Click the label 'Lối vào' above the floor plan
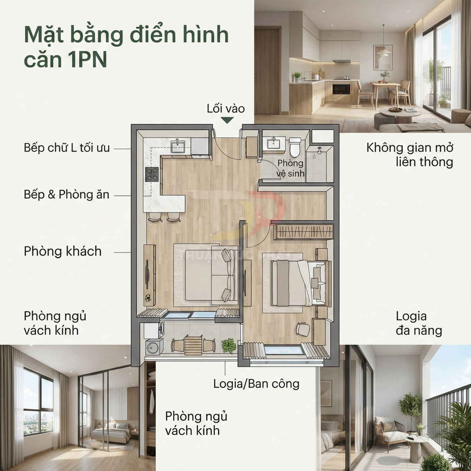click(x=226, y=109)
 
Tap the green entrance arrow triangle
click(x=227, y=120)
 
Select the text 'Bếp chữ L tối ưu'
click(x=67, y=148)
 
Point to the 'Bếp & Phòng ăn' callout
click(x=66, y=194)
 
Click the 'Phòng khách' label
click(x=62, y=251)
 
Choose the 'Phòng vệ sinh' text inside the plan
click(x=290, y=168)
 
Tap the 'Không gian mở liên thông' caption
click(x=410, y=154)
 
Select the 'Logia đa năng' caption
click(x=418, y=323)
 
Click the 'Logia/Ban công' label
click(x=256, y=384)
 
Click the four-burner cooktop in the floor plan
click(x=152, y=174)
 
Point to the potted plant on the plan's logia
click(x=229, y=345)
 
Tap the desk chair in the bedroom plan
click(x=303, y=329)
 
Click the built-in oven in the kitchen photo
click(x=341, y=89)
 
